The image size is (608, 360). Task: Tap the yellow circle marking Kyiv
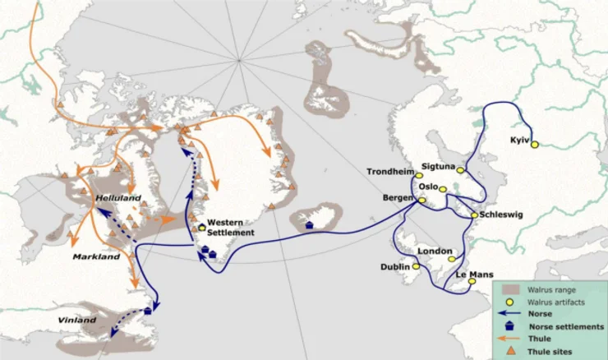click(535, 145)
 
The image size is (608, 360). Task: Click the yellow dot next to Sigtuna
click(461, 171)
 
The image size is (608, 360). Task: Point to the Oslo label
click(429, 185)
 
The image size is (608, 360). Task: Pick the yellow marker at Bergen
click(422, 200)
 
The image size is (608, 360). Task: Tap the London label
click(435, 251)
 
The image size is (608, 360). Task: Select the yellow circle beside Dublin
click(417, 266)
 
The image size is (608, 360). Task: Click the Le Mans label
click(472, 272)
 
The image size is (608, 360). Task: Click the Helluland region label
click(118, 198)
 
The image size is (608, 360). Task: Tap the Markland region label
click(97, 256)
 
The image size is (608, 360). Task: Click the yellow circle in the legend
click(510, 302)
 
